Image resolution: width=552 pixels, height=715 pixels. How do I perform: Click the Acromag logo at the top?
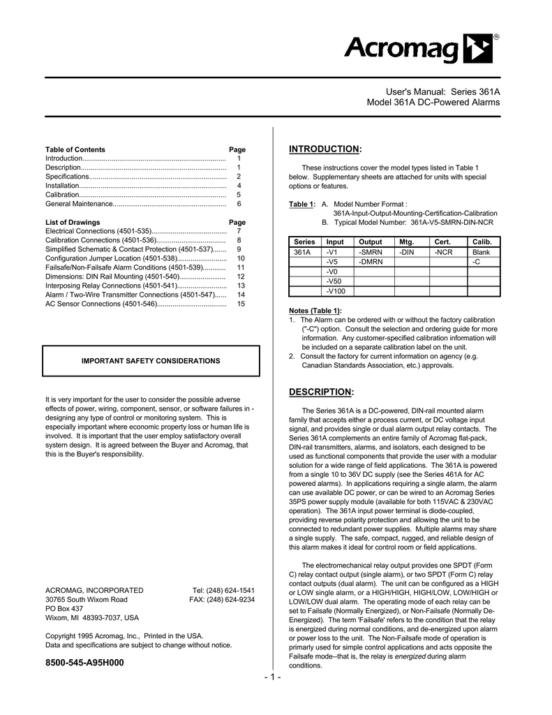(x=422, y=50)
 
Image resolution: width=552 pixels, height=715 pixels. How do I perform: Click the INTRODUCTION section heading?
(x=325, y=149)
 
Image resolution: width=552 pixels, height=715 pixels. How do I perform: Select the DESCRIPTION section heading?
(x=322, y=392)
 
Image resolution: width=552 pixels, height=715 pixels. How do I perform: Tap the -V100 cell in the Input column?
(x=336, y=291)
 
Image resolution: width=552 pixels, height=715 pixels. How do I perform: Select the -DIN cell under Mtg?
(x=407, y=252)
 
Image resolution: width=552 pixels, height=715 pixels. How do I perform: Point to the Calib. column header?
(x=482, y=242)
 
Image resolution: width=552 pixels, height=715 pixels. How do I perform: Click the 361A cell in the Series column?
(x=302, y=252)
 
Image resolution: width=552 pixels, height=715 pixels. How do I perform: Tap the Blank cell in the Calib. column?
(x=481, y=252)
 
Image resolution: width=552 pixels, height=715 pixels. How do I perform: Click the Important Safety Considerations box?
(x=151, y=361)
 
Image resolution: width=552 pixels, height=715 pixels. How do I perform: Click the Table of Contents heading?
(x=75, y=149)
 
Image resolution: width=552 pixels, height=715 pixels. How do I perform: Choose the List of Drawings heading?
(x=73, y=222)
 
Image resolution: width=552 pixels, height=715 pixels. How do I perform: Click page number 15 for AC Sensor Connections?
(x=240, y=304)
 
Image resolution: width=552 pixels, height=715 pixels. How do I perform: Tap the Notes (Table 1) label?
(x=315, y=310)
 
